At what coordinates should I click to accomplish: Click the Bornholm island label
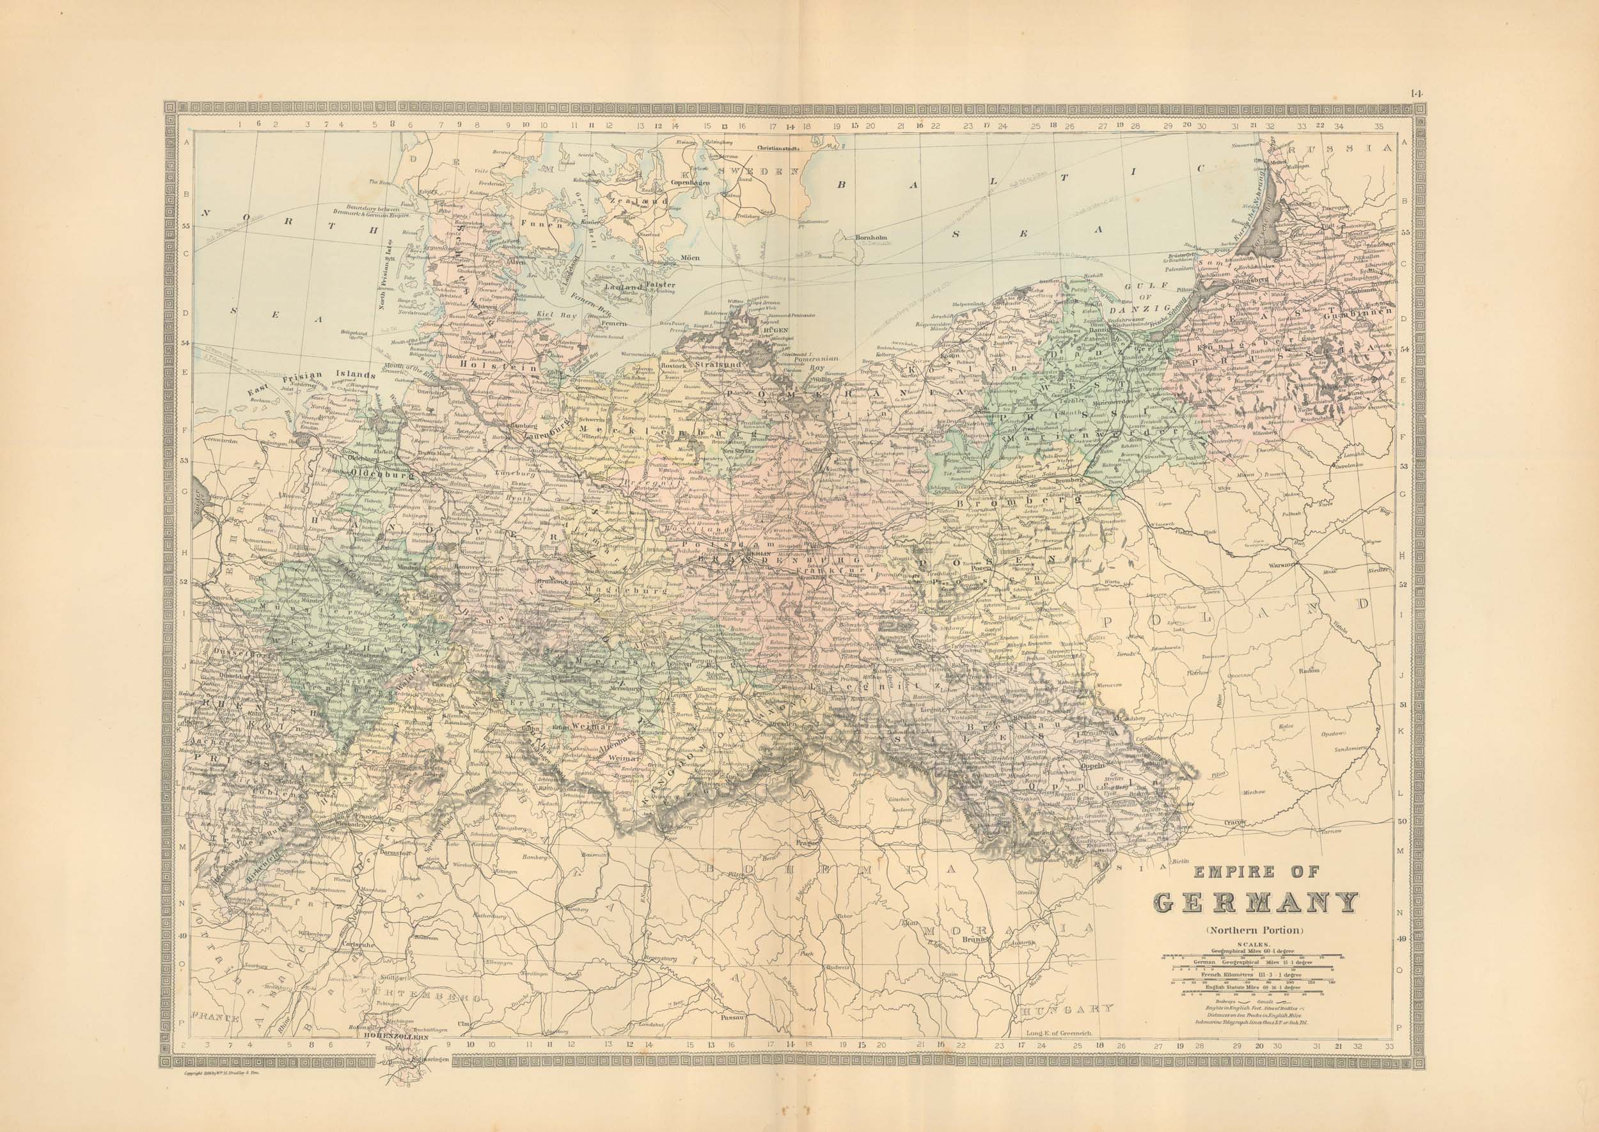click(x=872, y=238)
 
